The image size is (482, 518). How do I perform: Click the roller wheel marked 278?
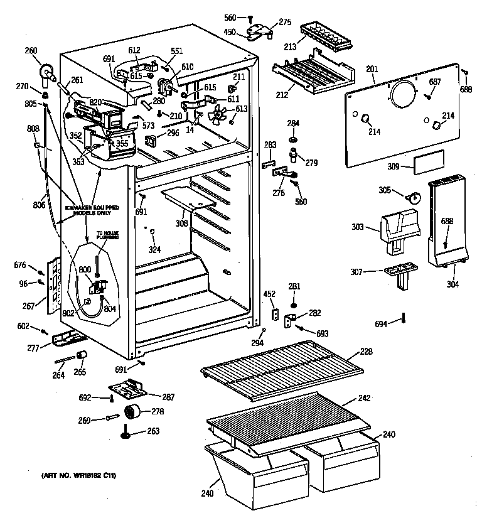(132, 413)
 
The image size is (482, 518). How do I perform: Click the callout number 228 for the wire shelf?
(367, 353)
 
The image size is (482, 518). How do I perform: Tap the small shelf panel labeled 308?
(188, 197)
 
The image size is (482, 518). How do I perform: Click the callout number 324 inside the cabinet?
(154, 250)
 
